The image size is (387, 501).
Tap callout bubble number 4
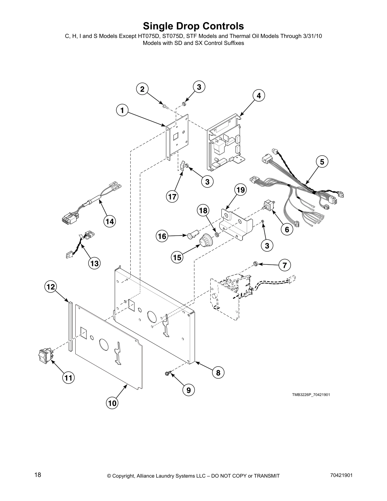[x=259, y=96]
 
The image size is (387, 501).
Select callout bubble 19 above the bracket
[x=241, y=190]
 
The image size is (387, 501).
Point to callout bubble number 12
[x=50, y=287]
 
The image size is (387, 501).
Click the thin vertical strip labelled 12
[x=70, y=326]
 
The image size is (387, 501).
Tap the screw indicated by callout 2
[x=164, y=106]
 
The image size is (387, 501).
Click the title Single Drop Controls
[x=193, y=26]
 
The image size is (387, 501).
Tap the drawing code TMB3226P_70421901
[x=311, y=394]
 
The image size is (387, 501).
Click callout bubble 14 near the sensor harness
[x=109, y=221]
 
